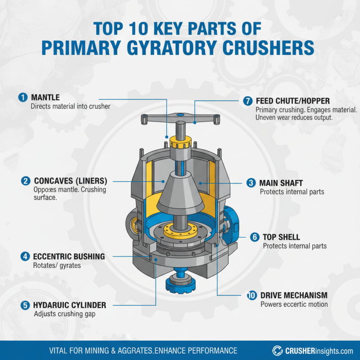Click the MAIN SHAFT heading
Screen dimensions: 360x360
tap(281, 183)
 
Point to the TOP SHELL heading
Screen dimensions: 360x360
tap(281, 237)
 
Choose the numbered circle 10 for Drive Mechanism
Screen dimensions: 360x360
tap(252, 295)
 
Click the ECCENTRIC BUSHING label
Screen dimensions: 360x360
tap(69, 256)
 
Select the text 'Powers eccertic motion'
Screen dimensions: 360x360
tap(294, 304)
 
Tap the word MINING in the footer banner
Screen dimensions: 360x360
tap(99, 350)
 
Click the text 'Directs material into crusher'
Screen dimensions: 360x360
tap(70, 106)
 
